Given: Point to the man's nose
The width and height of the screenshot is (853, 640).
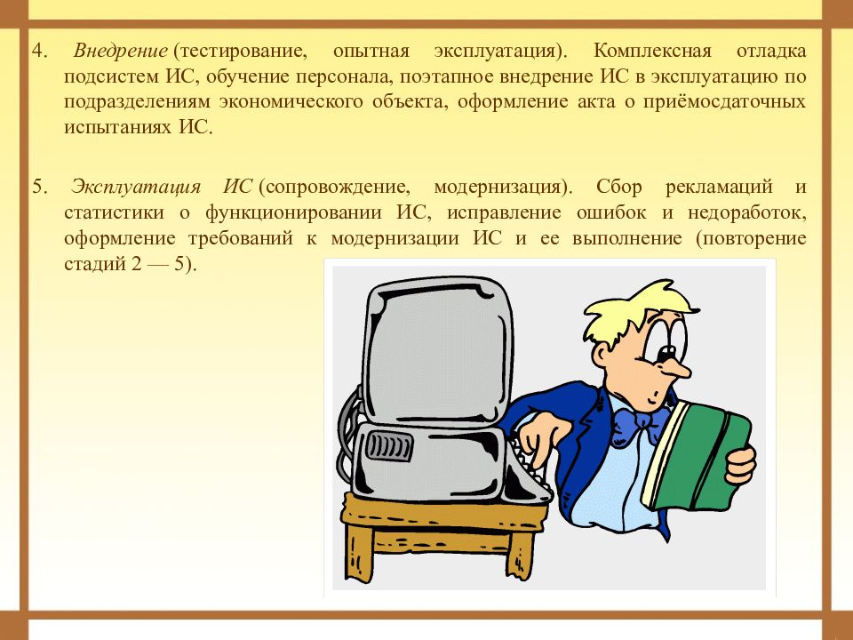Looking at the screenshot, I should click(674, 366).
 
